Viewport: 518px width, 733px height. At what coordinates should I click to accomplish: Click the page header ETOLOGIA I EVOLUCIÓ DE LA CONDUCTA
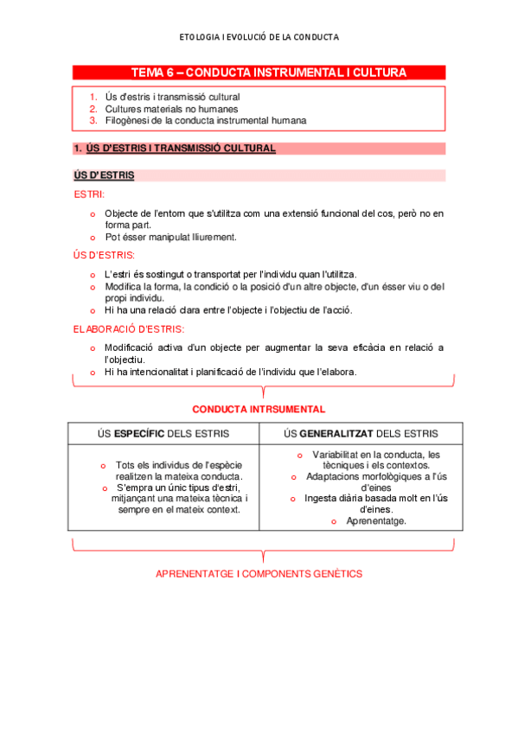coord(259,37)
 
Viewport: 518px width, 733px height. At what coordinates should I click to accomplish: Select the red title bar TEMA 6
coord(259,73)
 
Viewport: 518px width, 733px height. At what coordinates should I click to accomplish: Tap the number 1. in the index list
coord(93,97)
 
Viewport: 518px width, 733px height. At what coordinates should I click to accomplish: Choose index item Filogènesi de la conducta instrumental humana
coord(206,121)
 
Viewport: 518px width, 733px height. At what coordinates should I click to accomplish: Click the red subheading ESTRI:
coord(89,194)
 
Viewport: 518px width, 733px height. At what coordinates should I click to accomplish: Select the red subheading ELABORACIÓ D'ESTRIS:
coord(129,329)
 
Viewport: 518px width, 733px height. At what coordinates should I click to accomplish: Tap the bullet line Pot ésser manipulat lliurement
coord(170,237)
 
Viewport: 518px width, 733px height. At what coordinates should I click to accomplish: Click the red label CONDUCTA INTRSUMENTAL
coord(259,409)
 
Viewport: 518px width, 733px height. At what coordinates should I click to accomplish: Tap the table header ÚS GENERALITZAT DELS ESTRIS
coord(361,433)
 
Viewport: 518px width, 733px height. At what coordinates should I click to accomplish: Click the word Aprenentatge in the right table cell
coord(376,521)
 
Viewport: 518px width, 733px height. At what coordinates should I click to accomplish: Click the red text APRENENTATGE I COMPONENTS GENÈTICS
coord(259,574)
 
